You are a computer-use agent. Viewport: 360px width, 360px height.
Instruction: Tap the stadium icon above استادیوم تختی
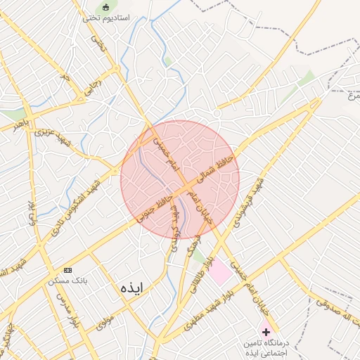pos(106,7)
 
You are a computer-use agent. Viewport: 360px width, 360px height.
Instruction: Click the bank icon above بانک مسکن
pos(67,270)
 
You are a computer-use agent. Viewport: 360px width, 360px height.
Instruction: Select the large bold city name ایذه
pos(131,288)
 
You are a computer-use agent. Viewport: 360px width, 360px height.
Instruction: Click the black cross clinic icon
pos(266,330)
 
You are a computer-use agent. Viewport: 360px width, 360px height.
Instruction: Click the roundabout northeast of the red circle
pos(218,112)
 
